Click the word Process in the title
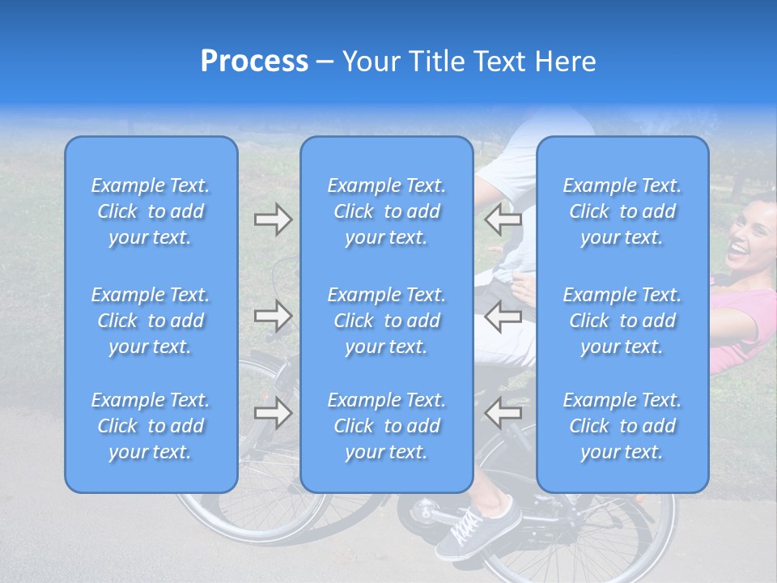(x=254, y=62)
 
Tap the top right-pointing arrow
(x=274, y=219)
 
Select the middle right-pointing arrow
(x=274, y=316)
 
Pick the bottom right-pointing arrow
(x=274, y=412)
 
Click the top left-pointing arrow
(x=503, y=219)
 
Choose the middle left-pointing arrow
(x=503, y=316)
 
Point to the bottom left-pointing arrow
(x=503, y=412)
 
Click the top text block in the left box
(x=151, y=211)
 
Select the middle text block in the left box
(x=151, y=321)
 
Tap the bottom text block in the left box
(x=151, y=426)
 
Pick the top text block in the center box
(x=387, y=211)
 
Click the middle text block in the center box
(x=387, y=321)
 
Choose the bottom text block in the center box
(x=387, y=426)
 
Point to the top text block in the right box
(x=622, y=211)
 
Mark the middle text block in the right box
(x=622, y=321)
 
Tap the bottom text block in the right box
(x=622, y=426)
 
